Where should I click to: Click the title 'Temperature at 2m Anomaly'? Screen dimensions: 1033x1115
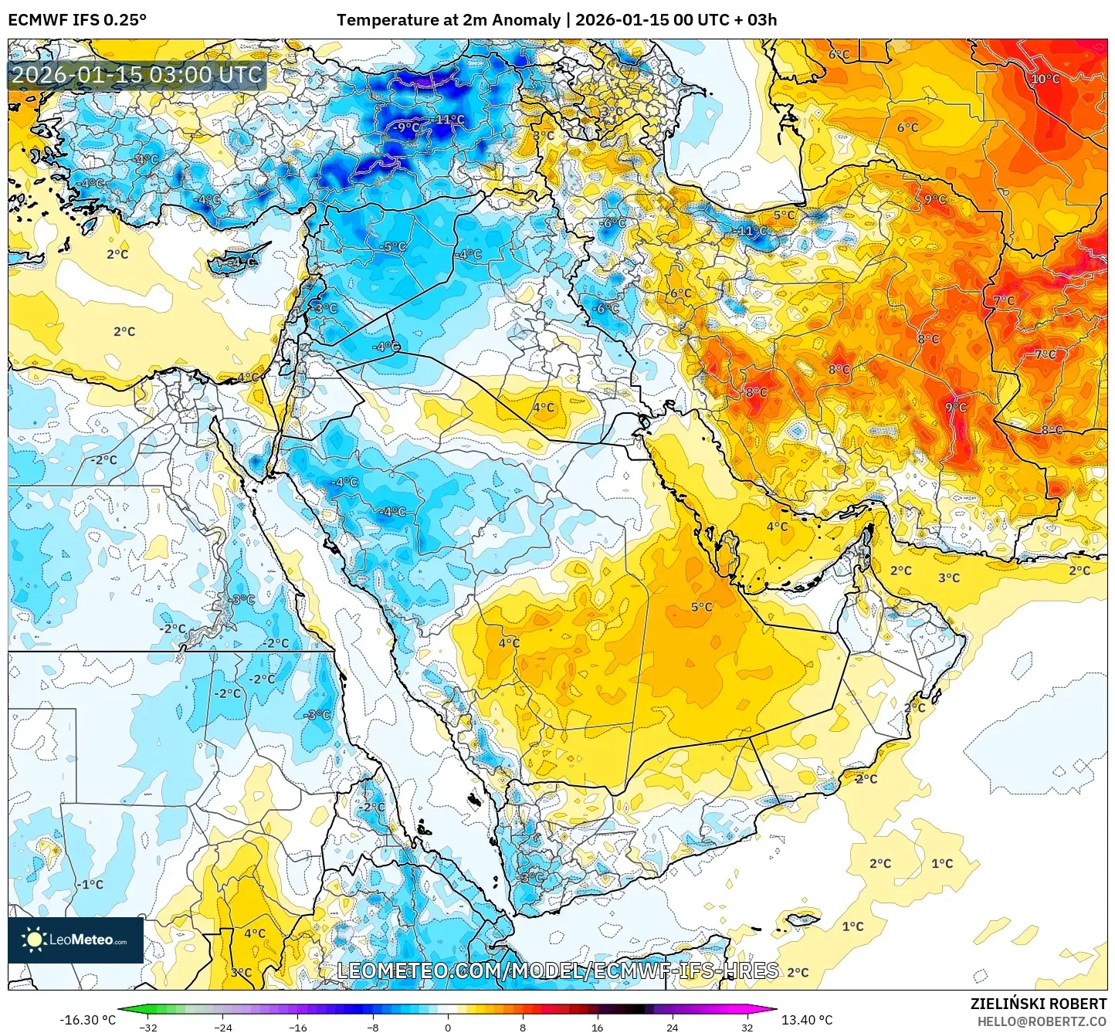coord(448,19)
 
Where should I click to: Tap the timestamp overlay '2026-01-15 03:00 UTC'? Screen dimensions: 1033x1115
coord(137,75)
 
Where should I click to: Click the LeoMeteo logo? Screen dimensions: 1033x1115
coord(76,940)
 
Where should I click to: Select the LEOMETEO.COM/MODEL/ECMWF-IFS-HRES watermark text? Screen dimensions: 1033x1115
coord(557,970)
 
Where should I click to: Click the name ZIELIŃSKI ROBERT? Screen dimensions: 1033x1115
coord(1039,1004)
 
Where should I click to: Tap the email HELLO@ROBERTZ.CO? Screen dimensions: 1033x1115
coord(1042,1021)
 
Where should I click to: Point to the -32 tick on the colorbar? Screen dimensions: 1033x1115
coord(148,1027)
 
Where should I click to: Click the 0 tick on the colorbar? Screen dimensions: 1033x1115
coord(448,1027)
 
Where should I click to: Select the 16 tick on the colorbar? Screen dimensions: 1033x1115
coord(597,1027)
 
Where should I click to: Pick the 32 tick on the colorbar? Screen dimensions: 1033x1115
coord(747,1027)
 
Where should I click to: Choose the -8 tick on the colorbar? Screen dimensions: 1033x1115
coord(373,1027)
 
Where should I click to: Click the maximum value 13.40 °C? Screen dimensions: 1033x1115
coord(807,1020)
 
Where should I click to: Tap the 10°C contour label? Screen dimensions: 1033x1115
coord(1046,79)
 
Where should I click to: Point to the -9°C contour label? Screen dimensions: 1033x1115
coord(408,127)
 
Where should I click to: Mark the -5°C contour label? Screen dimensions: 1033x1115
coord(394,246)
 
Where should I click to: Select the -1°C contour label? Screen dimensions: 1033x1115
coord(91,884)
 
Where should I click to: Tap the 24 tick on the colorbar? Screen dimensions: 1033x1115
coord(672,1027)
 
